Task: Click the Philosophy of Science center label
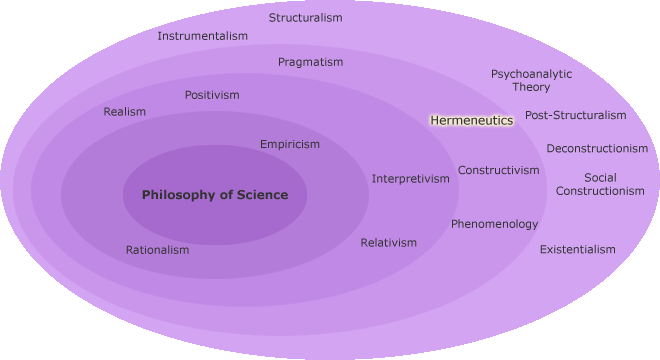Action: click(x=215, y=195)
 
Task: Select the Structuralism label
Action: click(x=305, y=18)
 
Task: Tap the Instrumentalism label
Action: click(x=202, y=36)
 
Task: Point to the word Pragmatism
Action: click(x=310, y=62)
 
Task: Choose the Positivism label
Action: click(x=212, y=95)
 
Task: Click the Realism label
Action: click(x=125, y=112)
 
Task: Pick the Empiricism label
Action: click(x=290, y=144)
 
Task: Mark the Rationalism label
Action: click(x=157, y=250)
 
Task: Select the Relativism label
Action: click(x=389, y=243)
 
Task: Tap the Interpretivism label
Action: click(x=411, y=179)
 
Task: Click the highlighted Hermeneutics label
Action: click(x=471, y=120)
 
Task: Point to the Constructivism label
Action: click(x=499, y=170)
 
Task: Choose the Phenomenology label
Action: click(x=494, y=224)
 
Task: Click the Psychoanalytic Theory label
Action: click(x=532, y=80)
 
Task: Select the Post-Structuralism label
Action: click(x=576, y=115)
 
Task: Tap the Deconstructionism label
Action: click(x=597, y=149)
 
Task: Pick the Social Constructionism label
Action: click(x=600, y=184)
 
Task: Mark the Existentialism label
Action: click(x=578, y=249)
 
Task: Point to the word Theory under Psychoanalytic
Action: click(x=532, y=87)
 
